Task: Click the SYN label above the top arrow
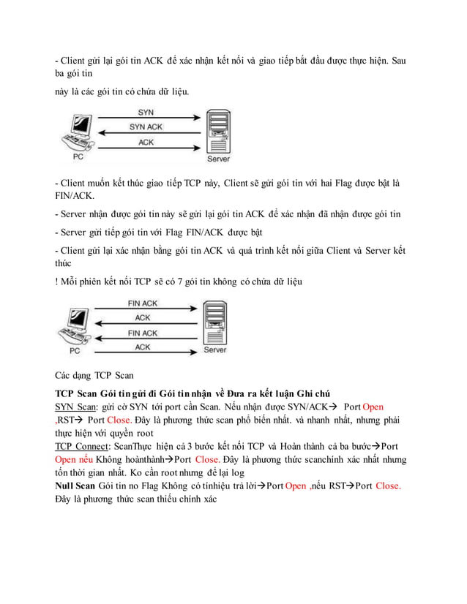[x=146, y=113]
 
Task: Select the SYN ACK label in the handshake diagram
[x=146, y=127]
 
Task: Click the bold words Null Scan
[x=75, y=486]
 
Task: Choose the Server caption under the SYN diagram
[x=218, y=159]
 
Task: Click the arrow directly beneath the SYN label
[x=146, y=119]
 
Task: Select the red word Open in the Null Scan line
[x=296, y=486]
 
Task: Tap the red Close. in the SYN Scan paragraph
[x=119, y=420]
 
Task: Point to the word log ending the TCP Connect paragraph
[x=239, y=472]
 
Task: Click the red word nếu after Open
[x=86, y=459]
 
